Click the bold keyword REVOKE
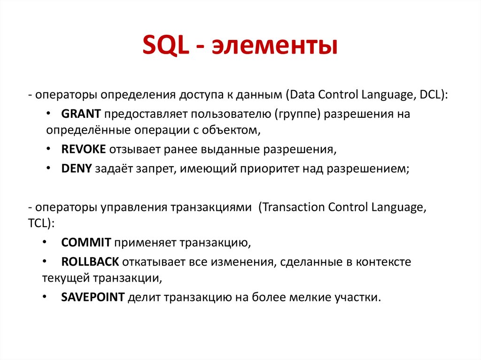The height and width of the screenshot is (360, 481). (x=84, y=149)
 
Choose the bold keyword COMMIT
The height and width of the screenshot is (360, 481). (x=86, y=242)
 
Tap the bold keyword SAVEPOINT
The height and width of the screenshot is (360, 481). (x=93, y=297)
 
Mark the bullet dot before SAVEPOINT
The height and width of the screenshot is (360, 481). (x=44, y=297)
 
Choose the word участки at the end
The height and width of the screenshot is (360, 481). (x=357, y=297)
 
